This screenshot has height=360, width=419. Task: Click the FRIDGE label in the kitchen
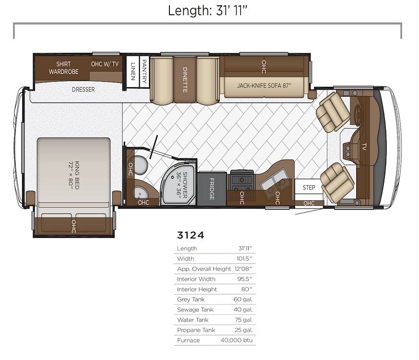point(212,189)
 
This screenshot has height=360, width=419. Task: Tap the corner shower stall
point(179,184)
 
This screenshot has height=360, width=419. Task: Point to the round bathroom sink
point(140,192)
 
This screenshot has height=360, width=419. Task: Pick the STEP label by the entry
point(309,188)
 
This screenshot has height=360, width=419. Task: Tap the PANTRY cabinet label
point(144,71)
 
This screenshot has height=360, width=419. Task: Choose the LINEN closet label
point(133,72)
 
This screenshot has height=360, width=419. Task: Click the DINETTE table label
point(185,80)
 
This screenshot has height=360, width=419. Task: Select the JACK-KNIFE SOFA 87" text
point(264,86)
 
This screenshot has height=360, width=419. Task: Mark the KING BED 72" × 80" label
point(74,175)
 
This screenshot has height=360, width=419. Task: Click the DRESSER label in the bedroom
point(84,90)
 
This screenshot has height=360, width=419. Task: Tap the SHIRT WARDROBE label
point(64,68)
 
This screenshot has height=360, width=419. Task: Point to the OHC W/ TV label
point(105,64)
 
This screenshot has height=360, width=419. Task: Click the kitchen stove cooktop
point(241,180)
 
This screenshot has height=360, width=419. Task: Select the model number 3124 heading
point(191,235)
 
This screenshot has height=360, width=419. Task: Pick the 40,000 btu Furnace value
point(237,340)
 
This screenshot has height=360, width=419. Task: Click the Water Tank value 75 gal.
point(244,320)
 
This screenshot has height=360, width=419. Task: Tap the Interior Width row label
point(196,279)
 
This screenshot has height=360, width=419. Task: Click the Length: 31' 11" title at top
point(207,11)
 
